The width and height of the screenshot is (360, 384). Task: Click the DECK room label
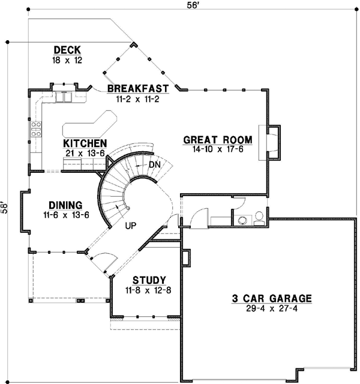click(67, 50)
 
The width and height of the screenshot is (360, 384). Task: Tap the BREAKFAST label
click(138, 88)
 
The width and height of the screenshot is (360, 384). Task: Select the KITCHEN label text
click(85, 143)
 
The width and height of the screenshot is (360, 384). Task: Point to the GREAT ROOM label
click(218, 140)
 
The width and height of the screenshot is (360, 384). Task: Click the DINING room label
click(65, 205)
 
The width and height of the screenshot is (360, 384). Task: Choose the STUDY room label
click(149, 280)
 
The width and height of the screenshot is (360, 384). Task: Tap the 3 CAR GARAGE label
click(272, 299)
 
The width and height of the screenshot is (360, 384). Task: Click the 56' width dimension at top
click(192, 5)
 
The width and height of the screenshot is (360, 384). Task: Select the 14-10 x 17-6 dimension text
click(218, 149)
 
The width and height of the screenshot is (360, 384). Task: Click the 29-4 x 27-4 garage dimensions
click(272, 308)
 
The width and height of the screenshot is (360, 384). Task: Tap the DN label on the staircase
click(155, 165)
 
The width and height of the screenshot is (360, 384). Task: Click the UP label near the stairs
click(131, 226)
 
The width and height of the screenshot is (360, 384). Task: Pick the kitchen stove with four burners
click(36, 129)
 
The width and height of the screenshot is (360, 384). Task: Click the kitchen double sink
click(64, 97)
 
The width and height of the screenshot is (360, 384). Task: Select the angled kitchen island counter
click(89, 124)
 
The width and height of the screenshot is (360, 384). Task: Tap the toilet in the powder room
click(259, 218)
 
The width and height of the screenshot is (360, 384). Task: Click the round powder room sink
click(242, 220)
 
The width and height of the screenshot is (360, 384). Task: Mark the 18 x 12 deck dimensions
click(67, 60)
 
